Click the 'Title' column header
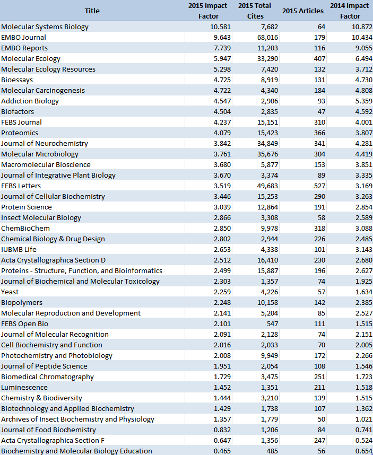click(x=92, y=11)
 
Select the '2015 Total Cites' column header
click(x=255, y=11)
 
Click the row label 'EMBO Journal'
click(x=23, y=37)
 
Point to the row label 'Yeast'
click(x=10, y=292)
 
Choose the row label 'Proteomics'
click(x=20, y=133)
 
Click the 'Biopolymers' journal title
click(x=22, y=302)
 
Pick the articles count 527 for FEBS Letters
click(x=318, y=186)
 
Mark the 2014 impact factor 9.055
click(x=359, y=48)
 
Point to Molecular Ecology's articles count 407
click(x=318, y=58)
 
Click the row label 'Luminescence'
click(x=24, y=387)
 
